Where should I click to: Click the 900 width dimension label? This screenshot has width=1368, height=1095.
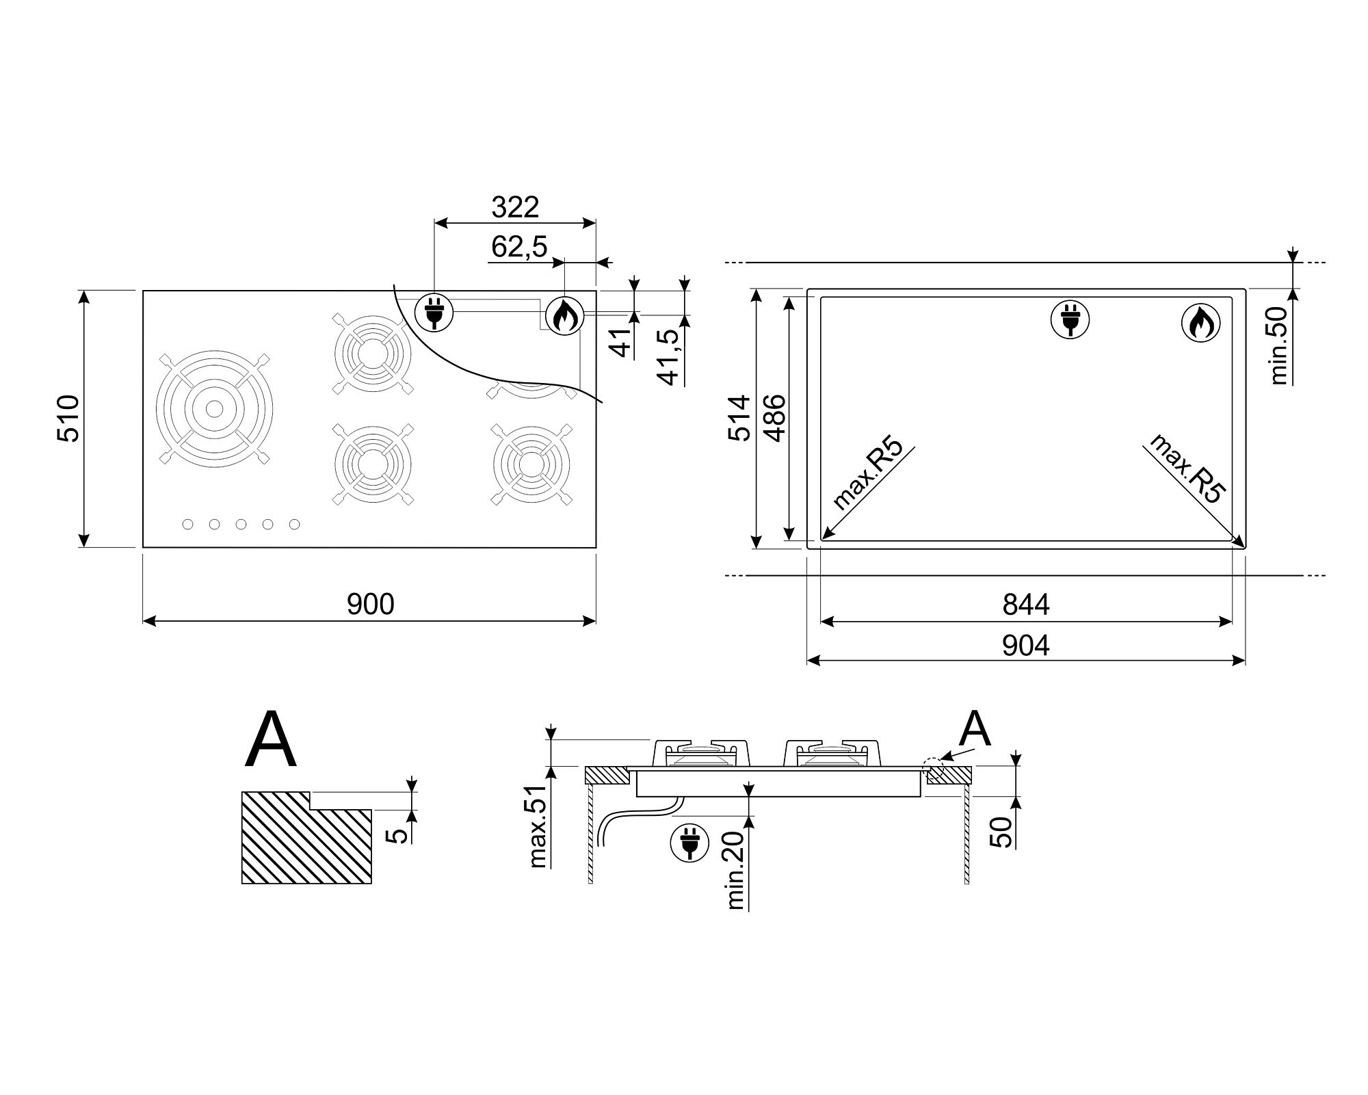coord(370,604)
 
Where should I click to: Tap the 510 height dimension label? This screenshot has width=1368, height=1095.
coord(68,418)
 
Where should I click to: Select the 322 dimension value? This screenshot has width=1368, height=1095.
coord(515,207)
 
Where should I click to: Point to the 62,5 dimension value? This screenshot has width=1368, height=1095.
coord(520,247)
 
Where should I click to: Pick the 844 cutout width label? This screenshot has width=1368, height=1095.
coord(1026,605)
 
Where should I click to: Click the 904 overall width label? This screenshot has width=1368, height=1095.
coord(1026,645)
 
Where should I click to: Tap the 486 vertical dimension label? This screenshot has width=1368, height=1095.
coord(774,418)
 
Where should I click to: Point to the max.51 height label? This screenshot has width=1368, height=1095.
coord(539,826)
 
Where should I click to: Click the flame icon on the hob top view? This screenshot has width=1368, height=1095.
coord(564,317)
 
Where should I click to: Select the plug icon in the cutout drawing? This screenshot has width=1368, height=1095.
coord(1070,319)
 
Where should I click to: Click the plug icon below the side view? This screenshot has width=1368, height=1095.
coord(689,843)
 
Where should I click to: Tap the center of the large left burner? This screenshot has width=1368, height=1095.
coord(214,409)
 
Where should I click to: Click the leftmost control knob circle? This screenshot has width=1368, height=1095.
coord(187,524)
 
